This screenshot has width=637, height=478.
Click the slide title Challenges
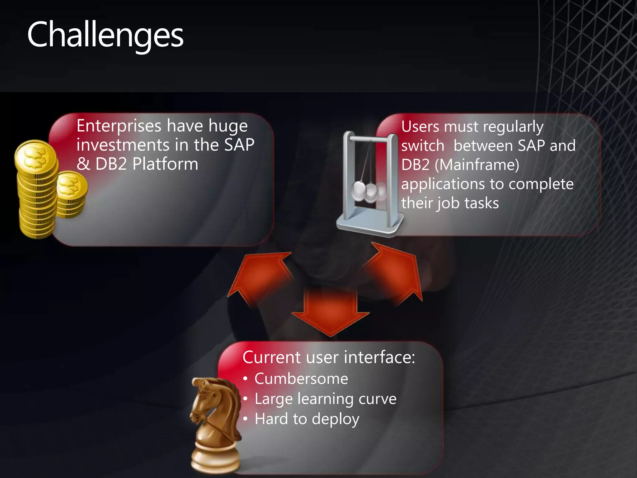point(105,35)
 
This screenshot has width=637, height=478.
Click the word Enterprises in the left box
point(119,126)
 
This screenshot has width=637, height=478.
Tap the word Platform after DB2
point(165,164)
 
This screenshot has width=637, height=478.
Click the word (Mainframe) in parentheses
point(477,165)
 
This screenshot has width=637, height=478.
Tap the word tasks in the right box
point(481,203)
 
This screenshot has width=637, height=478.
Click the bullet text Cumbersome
point(301,379)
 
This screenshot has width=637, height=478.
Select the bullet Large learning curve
point(325,399)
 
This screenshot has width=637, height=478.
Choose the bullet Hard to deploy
point(307,419)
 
